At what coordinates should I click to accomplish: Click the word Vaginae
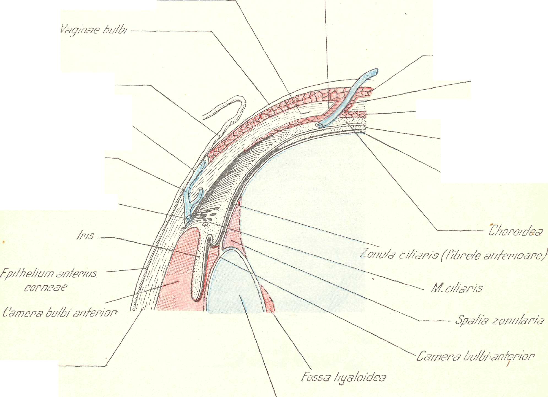tap(80, 29)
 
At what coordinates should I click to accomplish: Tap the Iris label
tap(85, 235)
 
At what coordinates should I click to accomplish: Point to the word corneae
tap(46, 288)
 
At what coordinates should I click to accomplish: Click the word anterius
tap(76, 273)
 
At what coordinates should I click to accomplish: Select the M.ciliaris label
tap(457, 288)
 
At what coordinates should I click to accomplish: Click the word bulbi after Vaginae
tap(115, 29)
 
